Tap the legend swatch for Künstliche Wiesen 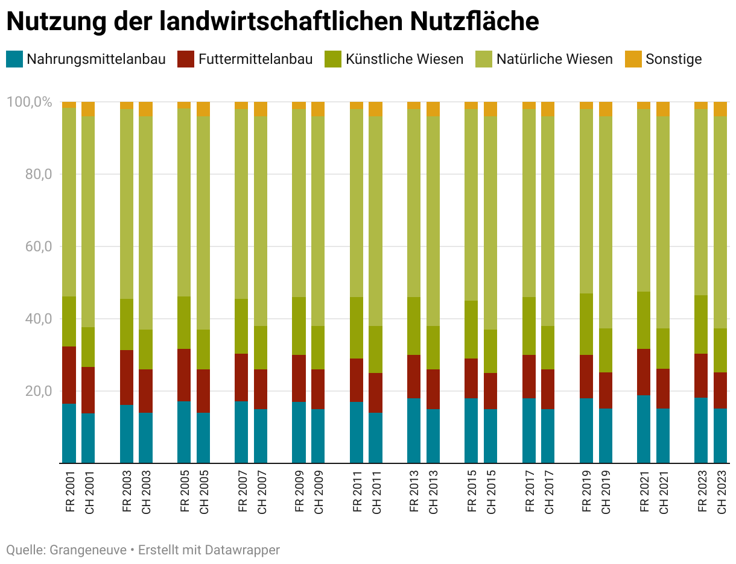[x=333, y=59]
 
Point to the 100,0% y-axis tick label [x=29, y=102]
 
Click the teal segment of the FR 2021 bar [x=644, y=429]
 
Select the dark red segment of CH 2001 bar [x=88, y=390]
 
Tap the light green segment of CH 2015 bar [x=490, y=223]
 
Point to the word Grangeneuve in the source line [x=88, y=550]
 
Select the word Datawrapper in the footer [x=242, y=550]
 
